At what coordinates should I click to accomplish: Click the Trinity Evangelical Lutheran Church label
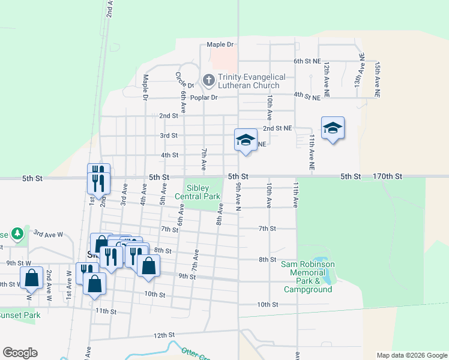point(249,81)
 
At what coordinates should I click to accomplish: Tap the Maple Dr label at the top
point(220,44)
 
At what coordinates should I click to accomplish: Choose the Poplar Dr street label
point(202,97)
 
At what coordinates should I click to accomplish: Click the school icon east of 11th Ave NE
point(333,128)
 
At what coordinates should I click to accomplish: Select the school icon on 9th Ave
point(245,140)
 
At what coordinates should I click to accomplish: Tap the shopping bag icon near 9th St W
point(31,278)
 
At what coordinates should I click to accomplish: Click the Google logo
point(20,353)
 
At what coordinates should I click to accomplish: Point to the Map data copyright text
point(411,355)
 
